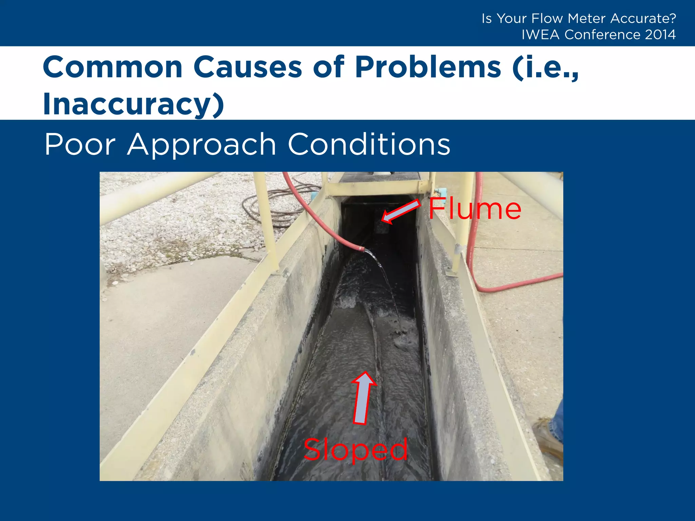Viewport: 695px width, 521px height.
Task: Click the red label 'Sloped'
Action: click(355, 450)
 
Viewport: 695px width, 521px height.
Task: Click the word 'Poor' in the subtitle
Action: click(80, 145)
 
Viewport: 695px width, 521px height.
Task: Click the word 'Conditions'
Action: click(369, 145)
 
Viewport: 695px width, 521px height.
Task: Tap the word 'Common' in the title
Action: click(113, 67)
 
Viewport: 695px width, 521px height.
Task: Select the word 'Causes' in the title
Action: click(247, 67)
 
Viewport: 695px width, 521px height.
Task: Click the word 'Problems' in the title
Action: click(428, 67)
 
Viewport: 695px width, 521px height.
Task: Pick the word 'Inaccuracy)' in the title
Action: click(133, 104)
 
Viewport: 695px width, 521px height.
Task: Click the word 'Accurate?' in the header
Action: click(643, 18)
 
